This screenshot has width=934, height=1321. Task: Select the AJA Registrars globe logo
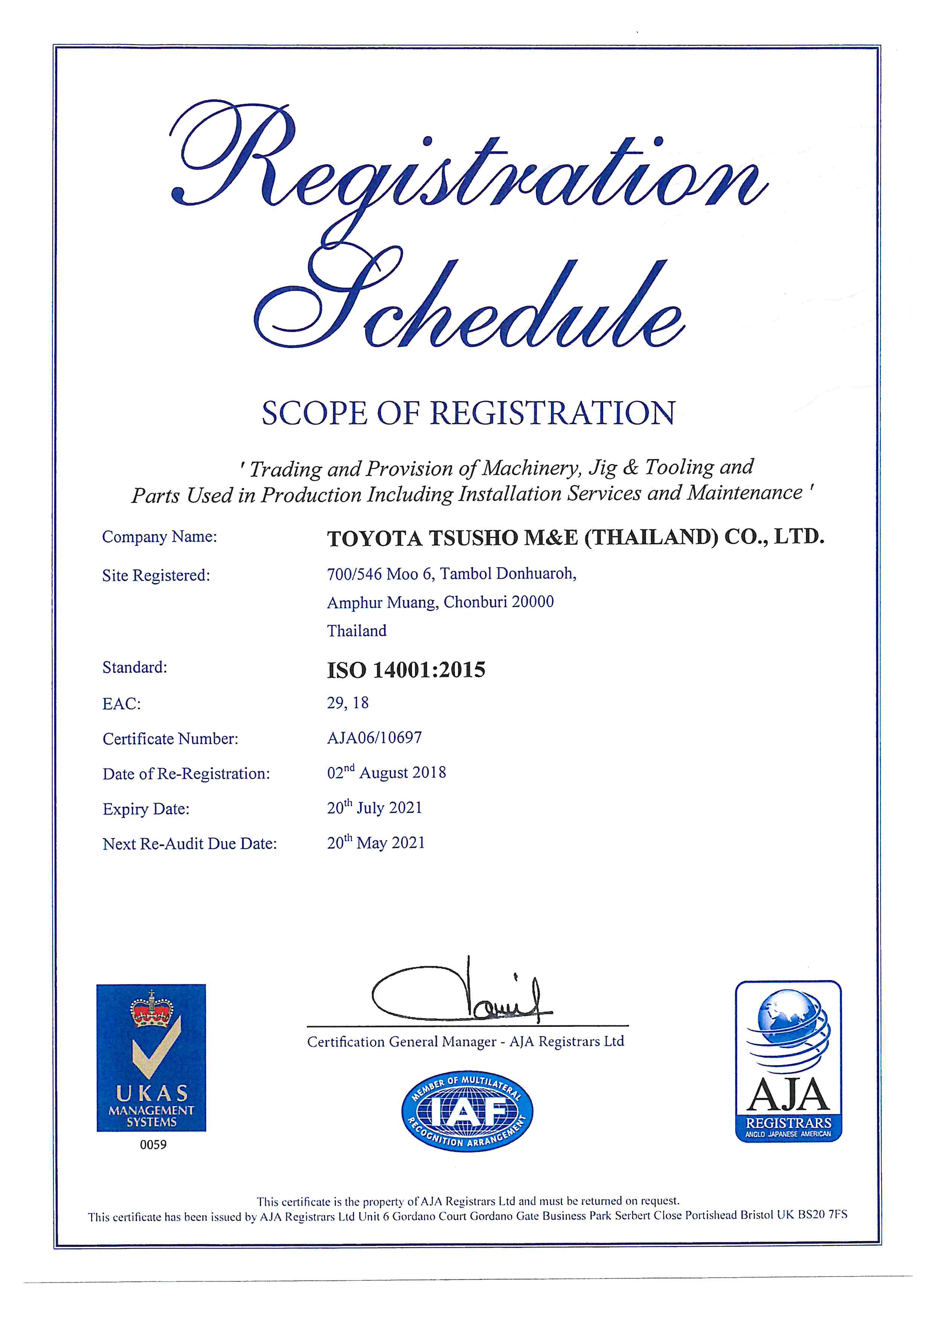tap(788, 1061)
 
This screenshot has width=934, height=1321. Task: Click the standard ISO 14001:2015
tap(406, 670)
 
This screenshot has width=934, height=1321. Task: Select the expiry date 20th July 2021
tap(374, 808)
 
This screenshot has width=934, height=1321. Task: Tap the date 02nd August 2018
tap(386, 773)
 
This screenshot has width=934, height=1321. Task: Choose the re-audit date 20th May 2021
tap(375, 843)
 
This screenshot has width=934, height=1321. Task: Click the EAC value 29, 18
tap(348, 703)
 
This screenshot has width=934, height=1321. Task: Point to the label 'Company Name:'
tap(159, 537)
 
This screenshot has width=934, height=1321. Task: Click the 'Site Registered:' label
tap(156, 575)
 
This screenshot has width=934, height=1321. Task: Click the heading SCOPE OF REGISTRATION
tap(468, 413)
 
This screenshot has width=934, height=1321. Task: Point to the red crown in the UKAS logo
tap(152, 1013)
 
